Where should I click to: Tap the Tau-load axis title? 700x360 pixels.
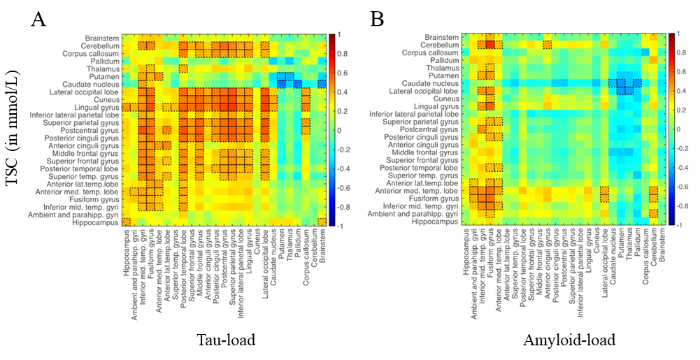pos(225,340)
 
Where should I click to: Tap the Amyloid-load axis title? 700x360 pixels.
pos(569,340)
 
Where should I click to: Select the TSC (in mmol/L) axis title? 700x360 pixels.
pos(13,132)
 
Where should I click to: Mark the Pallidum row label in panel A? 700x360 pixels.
pos(103,61)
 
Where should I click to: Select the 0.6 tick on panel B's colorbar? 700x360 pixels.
pos(678,72)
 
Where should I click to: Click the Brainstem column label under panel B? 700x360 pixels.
pos(663,245)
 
